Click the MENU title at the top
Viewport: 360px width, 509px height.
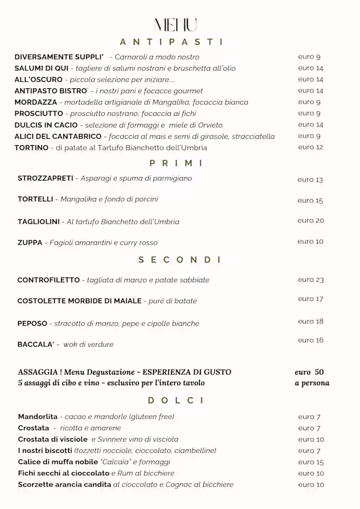(x=176, y=25)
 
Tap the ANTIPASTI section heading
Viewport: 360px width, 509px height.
(x=172, y=42)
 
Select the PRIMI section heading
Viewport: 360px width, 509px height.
(x=176, y=163)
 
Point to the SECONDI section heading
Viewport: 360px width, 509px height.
(x=180, y=259)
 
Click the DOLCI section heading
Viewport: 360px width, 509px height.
(x=176, y=400)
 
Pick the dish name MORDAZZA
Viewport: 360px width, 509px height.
(x=35, y=102)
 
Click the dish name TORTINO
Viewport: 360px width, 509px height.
(x=31, y=147)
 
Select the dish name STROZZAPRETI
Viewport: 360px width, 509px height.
(x=46, y=178)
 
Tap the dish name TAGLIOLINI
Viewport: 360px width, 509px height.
(x=38, y=222)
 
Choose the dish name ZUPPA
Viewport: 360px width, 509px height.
(x=30, y=242)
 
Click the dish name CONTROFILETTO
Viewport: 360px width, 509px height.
(x=48, y=280)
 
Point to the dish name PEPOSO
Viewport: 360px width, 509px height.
(x=32, y=323)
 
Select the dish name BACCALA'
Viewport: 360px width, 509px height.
(x=35, y=344)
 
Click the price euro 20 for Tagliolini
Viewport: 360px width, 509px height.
(x=310, y=220)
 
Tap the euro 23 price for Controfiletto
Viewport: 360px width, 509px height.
(x=310, y=280)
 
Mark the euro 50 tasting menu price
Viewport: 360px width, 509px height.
(x=309, y=372)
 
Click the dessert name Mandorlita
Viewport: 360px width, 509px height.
(x=38, y=417)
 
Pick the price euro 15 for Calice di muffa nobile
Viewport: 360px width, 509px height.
(x=311, y=462)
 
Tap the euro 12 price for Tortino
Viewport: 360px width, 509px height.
(x=310, y=147)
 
